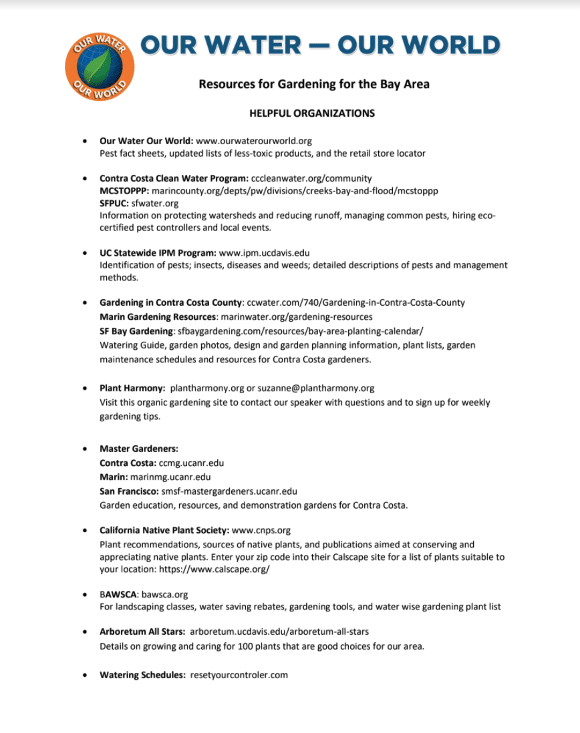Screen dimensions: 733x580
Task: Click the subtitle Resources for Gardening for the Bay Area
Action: (x=314, y=84)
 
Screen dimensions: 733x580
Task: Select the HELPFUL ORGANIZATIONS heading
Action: (x=312, y=113)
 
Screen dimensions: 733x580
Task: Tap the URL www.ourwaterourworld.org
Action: (x=254, y=141)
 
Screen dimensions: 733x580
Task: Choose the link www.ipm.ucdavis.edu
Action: (x=264, y=253)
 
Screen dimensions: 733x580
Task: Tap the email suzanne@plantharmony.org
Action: (x=316, y=388)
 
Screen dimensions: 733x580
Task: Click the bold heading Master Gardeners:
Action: (x=139, y=449)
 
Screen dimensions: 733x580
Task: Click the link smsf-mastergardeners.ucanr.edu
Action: (x=229, y=491)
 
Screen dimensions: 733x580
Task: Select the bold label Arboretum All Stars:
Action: (x=142, y=631)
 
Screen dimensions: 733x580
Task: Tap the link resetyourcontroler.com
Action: (x=239, y=675)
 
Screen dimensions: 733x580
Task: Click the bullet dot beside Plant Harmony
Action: (x=84, y=388)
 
